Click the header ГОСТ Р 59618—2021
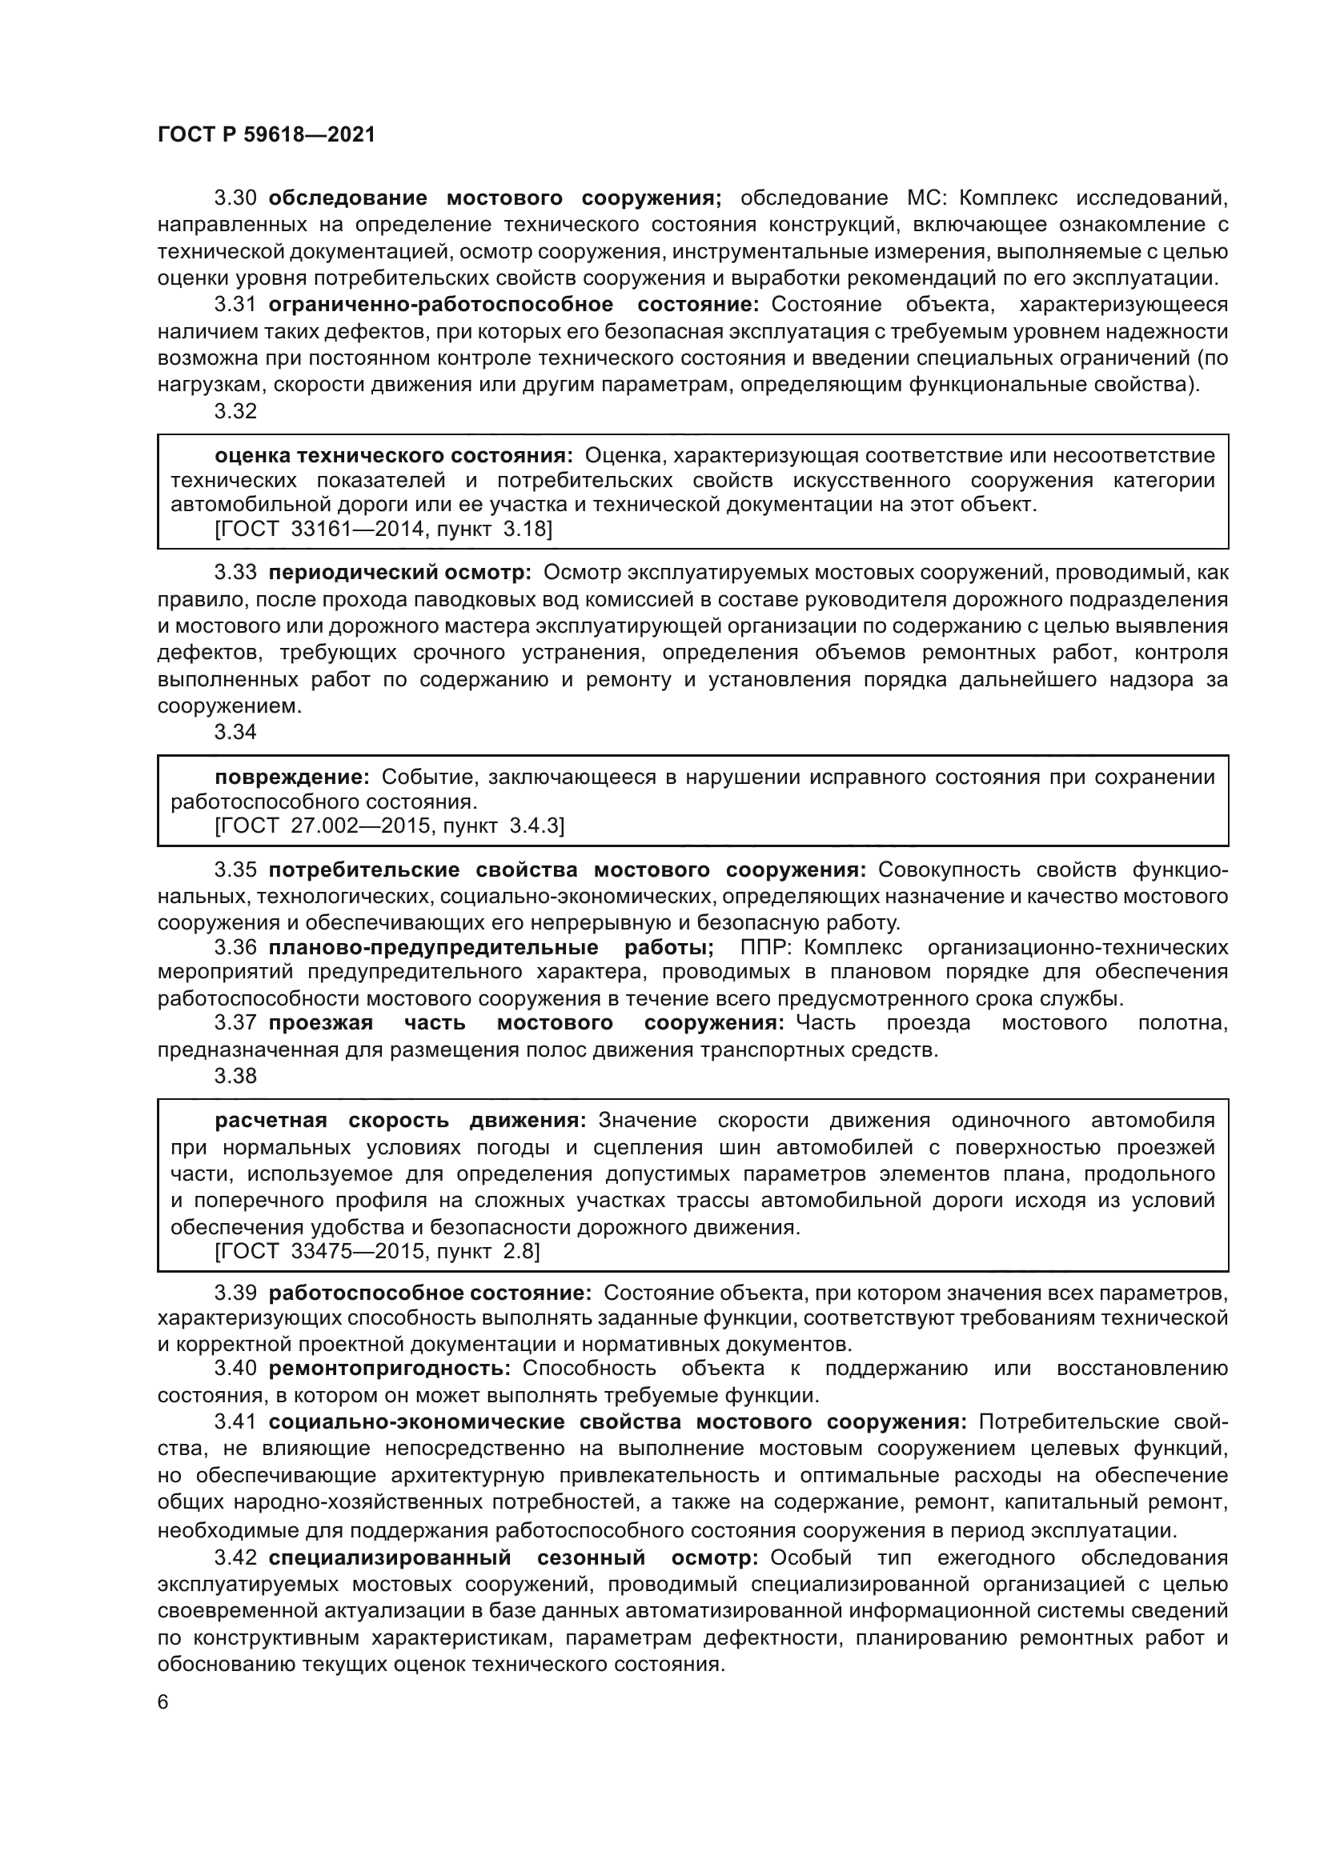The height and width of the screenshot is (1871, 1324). pyautogui.click(x=266, y=135)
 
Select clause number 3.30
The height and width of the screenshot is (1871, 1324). pyautogui.click(x=235, y=198)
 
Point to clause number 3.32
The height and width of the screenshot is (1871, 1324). pyautogui.click(x=235, y=411)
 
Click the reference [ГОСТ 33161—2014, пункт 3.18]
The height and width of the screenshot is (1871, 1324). pyautogui.click(x=383, y=530)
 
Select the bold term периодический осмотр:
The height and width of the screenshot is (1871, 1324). pyautogui.click(x=399, y=573)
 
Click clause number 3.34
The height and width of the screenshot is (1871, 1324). pyautogui.click(x=235, y=732)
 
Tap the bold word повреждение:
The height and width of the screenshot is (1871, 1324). pyautogui.click(x=292, y=778)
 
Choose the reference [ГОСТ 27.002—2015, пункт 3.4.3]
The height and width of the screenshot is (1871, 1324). pyautogui.click(x=389, y=826)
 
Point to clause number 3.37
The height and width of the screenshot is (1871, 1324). pyautogui.click(x=235, y=1023)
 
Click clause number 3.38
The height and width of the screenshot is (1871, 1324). pyautogui.click(x=235, y=1076)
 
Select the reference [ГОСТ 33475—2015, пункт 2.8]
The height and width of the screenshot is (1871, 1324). pyautogui.click(x=377, y=1252)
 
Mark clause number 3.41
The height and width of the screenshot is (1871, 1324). pyautogui.click(x=235, y=1422)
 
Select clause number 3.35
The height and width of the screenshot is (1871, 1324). pyautogui.click(x=235, y=870)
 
